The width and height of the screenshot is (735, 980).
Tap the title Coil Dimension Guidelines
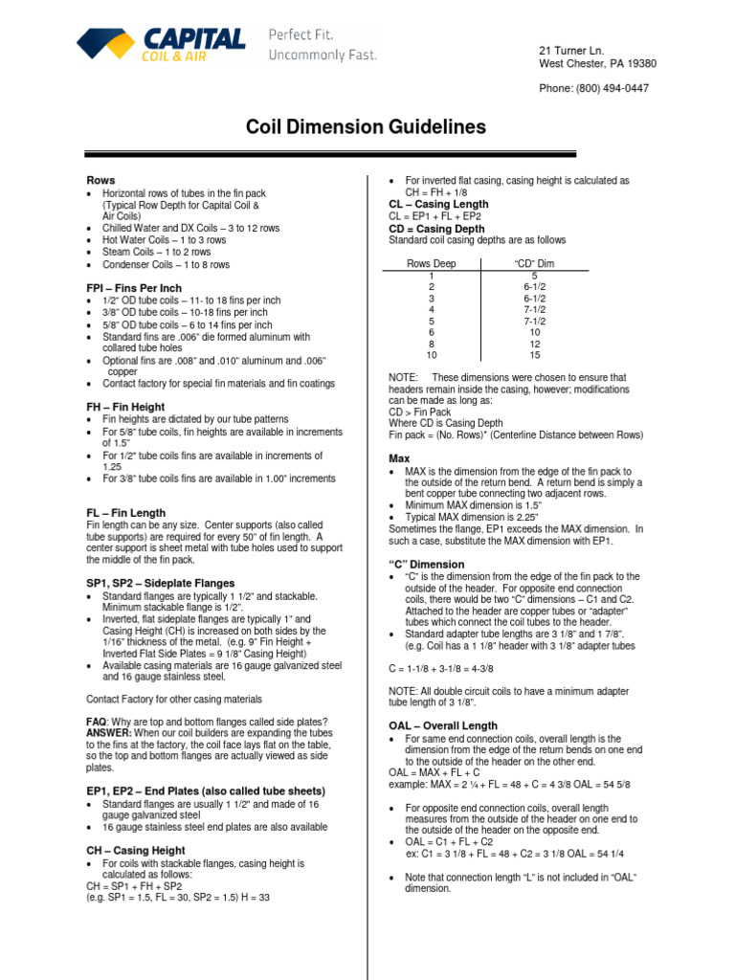pos(367,127)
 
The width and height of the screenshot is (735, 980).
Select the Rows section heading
pos(100,180)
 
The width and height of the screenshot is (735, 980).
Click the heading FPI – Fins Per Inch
pos(134,288)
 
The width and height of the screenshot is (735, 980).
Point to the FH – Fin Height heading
pos(125,407)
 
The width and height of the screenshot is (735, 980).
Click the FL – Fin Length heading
pos(125,513)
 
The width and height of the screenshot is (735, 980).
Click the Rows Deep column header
pos(432,263)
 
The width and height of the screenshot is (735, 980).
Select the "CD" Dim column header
pos(534,263)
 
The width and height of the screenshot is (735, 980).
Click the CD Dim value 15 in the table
pos(534,355)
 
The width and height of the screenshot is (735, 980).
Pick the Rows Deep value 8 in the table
pos(432,344)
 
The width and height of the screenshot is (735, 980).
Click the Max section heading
pos(399,458)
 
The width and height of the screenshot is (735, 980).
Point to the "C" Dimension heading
pos(426,565)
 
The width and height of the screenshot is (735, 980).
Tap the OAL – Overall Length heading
pos(443,726)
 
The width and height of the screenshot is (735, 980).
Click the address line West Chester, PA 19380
pos(598,64)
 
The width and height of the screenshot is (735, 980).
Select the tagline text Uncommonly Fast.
pos(323,55)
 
